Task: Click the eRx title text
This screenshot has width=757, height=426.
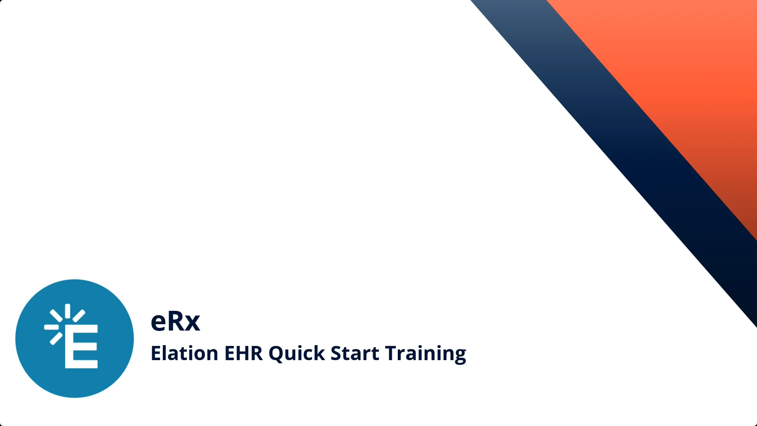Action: (x=175, y=321)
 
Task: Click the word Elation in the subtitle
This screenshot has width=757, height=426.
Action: (x=184, y=353)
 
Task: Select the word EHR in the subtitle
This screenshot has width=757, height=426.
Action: (x=243, y=353)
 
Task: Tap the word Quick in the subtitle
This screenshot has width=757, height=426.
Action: (x=296, y=353)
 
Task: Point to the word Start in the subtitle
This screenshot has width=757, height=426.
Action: (x=354, y=353)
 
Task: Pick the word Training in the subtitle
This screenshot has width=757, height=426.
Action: (x=425, y=354)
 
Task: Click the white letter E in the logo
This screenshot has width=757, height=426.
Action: (x=81, y=346)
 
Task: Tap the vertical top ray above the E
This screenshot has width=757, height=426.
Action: (x=67, y=311)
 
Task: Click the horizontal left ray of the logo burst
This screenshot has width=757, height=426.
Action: (x=51, y=327)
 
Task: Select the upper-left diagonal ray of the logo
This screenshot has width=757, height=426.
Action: (x=56, y=316)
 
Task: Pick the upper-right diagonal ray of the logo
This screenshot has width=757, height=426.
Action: (x=79, y=316)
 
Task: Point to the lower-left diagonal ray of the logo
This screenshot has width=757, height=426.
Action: (x=56, y=338)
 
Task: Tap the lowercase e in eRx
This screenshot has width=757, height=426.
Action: (x=159, y=323)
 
